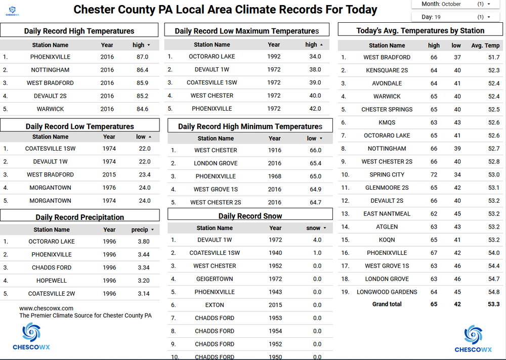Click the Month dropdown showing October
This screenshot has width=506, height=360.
click(451, 4)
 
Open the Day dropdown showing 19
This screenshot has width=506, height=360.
click(451, 17)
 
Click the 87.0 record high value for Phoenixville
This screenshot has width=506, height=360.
click(142, 57)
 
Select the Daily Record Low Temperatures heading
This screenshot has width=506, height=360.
click(80, 126)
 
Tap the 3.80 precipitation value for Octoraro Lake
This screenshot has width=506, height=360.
click(143, 242)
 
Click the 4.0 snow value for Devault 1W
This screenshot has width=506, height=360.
click(317, 240)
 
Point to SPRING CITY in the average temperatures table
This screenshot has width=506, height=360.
click(387, 174)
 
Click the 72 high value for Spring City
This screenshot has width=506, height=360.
click(434, 174)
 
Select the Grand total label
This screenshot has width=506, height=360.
click(387, 304)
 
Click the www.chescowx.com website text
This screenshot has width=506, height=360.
click(46, 308)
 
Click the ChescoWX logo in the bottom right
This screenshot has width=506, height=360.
click(473, 338)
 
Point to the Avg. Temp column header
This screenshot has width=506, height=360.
click(485, 46)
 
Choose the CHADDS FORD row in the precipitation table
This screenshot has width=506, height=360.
click(52, 267)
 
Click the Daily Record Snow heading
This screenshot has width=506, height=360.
click(250, 216)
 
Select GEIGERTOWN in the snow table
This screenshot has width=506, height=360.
click(215, 279)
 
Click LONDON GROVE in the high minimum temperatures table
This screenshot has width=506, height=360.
click(216, 163)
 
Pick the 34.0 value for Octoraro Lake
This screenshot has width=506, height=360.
click(315, 57)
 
